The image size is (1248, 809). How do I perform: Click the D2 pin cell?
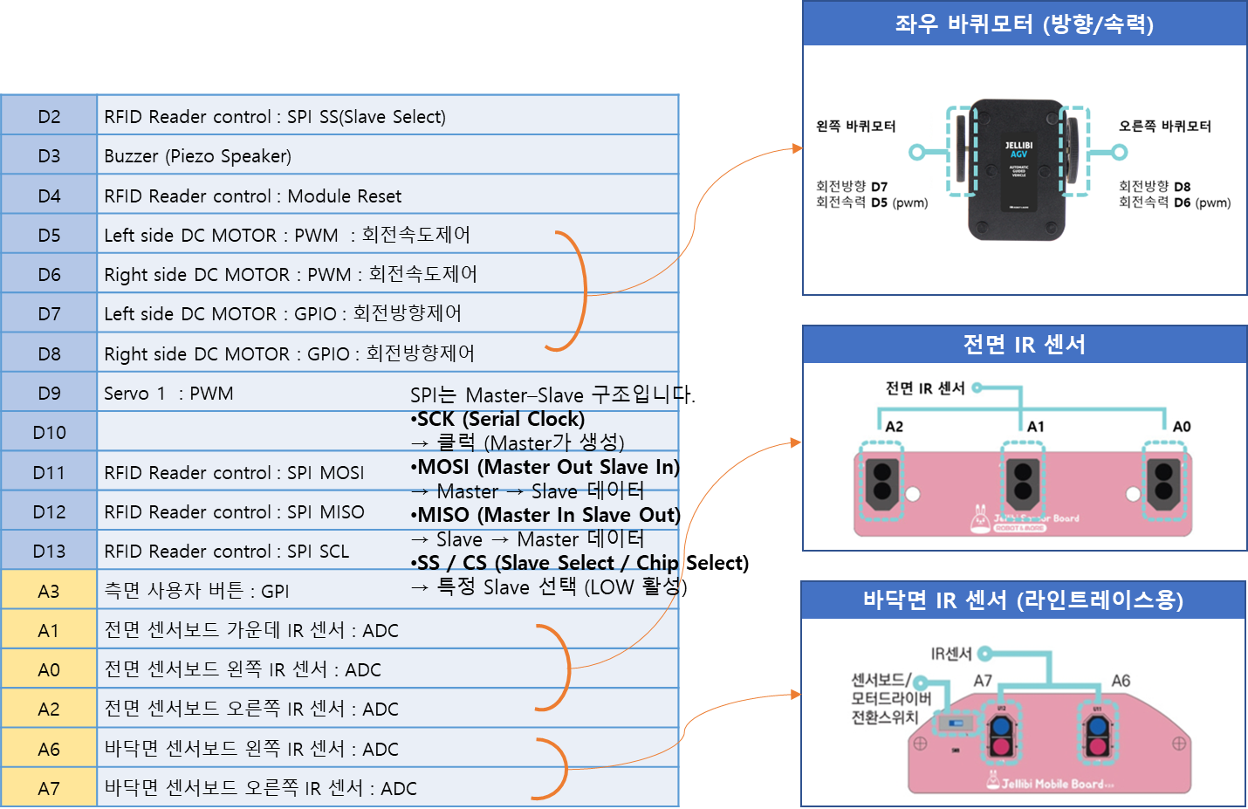49,116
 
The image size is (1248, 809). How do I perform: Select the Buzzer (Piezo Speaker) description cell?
197,156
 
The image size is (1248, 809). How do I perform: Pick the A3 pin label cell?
49,591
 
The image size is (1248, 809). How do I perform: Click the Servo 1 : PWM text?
168,394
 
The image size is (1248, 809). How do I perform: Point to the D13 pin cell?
49,552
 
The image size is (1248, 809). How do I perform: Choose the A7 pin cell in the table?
49,788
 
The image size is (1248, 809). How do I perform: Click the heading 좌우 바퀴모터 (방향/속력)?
1024,24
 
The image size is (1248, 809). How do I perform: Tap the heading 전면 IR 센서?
1024,345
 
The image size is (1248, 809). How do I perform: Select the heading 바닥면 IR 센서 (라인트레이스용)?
1023,600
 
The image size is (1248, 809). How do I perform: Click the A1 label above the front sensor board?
1035,427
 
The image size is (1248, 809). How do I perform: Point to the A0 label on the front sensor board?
1181,427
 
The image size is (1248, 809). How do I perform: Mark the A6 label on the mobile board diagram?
1121,681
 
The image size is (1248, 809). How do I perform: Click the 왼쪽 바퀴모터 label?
855,127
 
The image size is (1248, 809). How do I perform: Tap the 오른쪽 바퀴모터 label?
1164,127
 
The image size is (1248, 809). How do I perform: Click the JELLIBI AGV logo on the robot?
1018,149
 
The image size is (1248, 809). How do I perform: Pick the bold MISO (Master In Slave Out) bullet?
546,515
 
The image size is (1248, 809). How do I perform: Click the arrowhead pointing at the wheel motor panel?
797,148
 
